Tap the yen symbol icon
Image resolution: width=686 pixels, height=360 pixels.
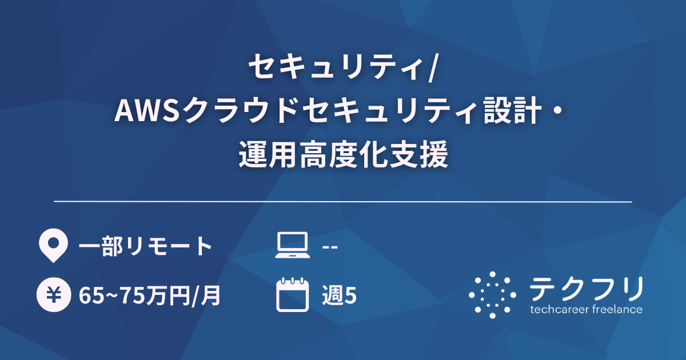point(51,295)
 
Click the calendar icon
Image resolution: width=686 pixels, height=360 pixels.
point(290,295)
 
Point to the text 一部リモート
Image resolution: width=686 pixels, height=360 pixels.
point(146,246)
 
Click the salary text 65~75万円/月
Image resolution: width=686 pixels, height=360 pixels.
point(150,296)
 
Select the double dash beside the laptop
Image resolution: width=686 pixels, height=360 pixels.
point(330,246)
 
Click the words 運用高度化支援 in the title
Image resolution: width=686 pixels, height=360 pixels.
point(343,155)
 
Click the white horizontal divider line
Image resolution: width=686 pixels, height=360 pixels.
point(343,202)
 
